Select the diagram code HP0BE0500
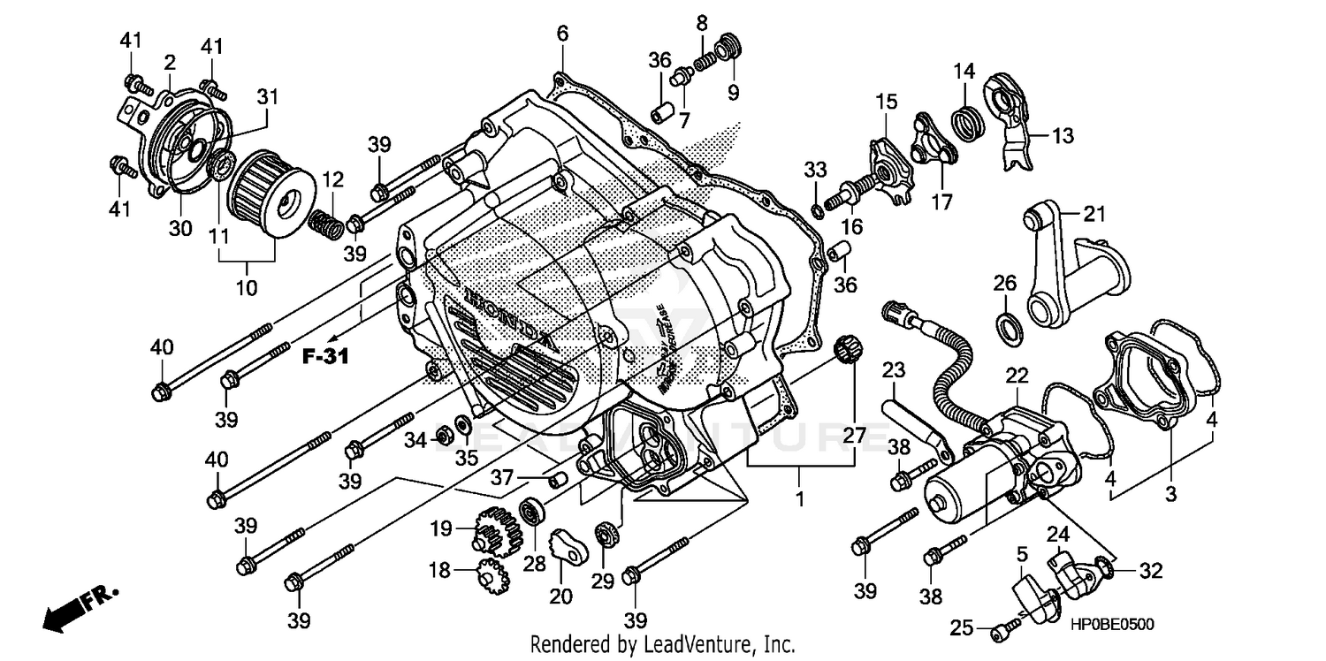click(x=1113, y=624)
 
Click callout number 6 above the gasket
click(x=562, y=34)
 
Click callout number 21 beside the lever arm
click(x=1094, y=214)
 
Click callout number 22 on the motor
click(x=1017, y=375)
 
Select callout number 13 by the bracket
click(x=1063, y=135)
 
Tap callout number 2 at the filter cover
click(x=170, y=62)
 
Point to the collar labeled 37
click(x=558, y=480)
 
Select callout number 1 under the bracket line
click(x=800, y=499)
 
